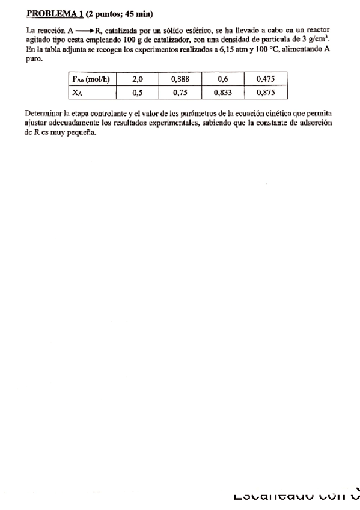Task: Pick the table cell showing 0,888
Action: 180,79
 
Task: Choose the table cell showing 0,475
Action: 266,79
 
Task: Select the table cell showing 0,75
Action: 180,93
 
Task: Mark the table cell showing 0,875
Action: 266,93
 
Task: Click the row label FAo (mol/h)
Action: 90,79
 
